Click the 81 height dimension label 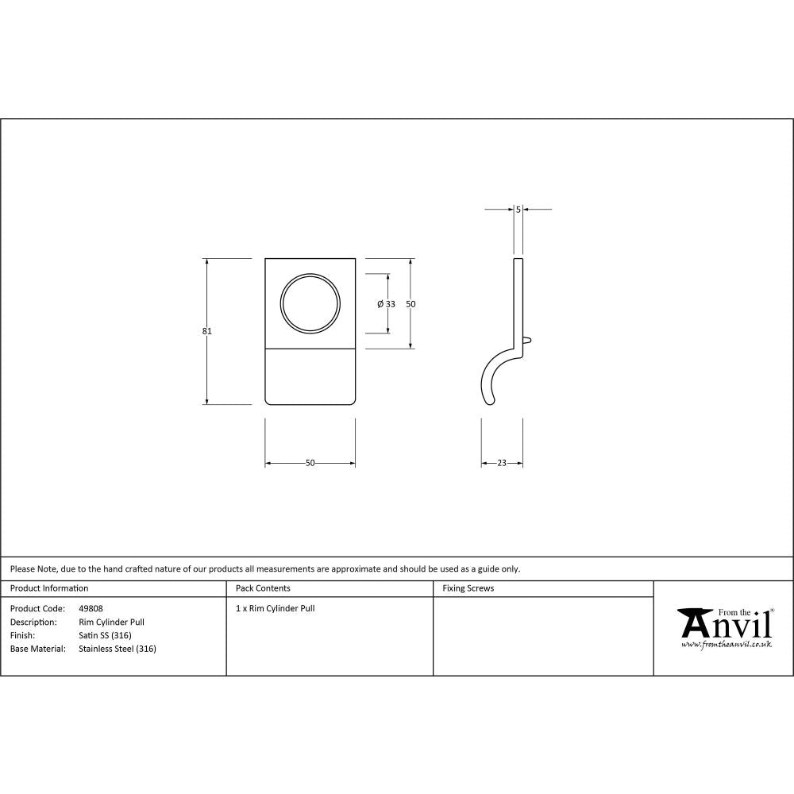coord(207,331)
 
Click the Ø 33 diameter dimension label coord(387,304)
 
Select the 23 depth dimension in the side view coord(502,463)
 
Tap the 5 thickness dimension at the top coord(518,210)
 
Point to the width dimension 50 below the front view coord(310,463)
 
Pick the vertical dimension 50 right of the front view coord(411,304)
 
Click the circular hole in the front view coord(310,304)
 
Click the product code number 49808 coord(91,609)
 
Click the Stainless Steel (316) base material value coord(118,649)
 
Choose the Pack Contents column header coord(263,588)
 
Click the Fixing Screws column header coord(468,588)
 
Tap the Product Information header coord(49,588)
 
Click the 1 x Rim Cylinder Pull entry coord(276,609)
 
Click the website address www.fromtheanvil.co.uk coord(727,645)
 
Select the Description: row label coord(33,622)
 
